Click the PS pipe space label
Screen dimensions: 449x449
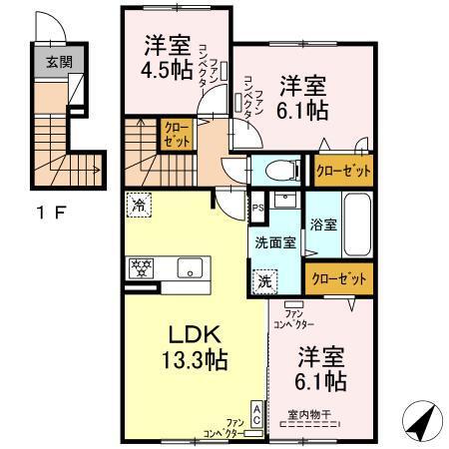(257, 209)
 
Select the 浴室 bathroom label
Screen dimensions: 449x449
(322, 224)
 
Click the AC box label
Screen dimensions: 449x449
(256, 415)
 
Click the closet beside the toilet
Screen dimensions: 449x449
(343, 170)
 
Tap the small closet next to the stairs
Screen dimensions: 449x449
(176, 134)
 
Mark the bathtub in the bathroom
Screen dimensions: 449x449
(357, 224)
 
